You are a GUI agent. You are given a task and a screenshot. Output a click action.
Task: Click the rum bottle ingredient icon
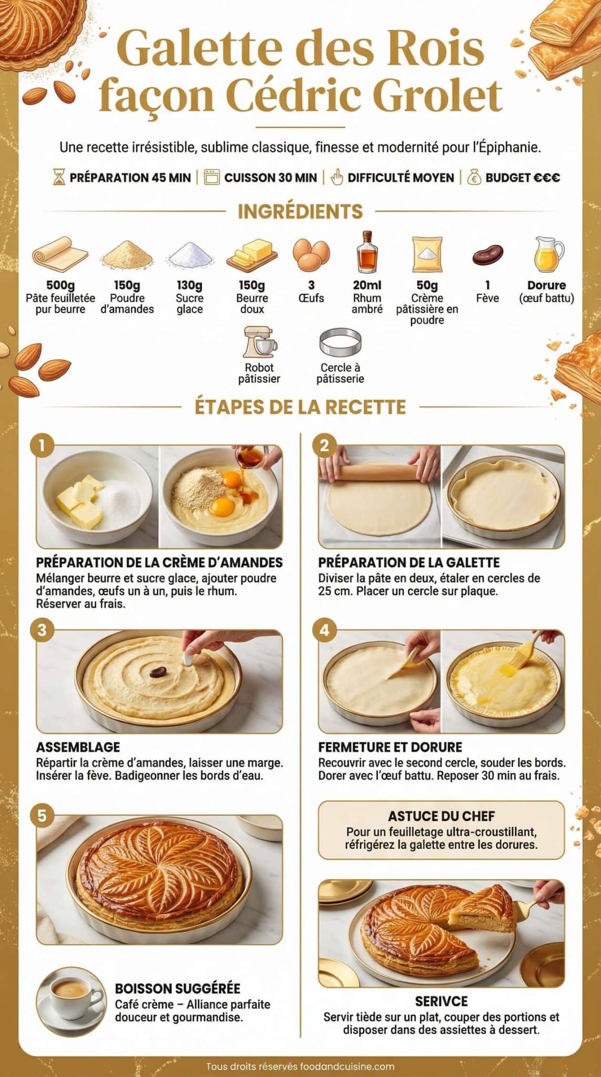pos(367,252)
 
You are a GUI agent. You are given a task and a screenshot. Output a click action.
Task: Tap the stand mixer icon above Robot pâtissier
pos(260,342)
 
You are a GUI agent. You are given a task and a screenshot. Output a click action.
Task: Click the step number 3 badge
pos(43,630)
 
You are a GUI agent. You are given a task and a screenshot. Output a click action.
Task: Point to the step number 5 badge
pos(43,816)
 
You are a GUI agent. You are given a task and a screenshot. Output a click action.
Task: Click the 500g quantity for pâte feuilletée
pos(60,286)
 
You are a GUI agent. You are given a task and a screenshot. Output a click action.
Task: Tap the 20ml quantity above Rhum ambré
pos(367,286)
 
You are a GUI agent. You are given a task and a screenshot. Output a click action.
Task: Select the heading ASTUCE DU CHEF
pos(441,816)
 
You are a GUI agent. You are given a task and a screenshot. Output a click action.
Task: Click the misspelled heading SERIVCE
pos(441,1001)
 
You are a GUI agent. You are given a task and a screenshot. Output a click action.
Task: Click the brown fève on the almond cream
pos(158,672)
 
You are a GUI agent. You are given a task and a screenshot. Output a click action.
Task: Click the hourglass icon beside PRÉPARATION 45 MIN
pos(59,177)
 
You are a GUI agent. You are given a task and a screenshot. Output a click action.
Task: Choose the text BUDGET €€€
pos(522,178)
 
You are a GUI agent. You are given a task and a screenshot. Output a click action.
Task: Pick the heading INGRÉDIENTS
pos(300,211)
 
